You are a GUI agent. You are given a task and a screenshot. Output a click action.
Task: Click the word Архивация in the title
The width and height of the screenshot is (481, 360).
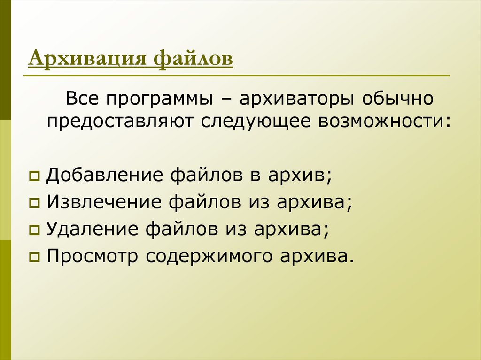pyautogui.click(x=87, y=60)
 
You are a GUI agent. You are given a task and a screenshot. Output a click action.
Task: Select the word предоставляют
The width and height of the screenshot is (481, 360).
pyautogui.click(x=121, y=121)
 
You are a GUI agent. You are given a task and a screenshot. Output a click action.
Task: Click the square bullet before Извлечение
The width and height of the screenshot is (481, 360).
pyautogui.click(x=34, y=203)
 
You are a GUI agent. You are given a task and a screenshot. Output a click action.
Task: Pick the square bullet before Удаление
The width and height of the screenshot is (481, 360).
pyautogui.click(x=34, y=230)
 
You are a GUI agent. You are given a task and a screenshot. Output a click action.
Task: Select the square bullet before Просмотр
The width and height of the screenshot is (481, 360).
pyautogui.click(x=34, y=258)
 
